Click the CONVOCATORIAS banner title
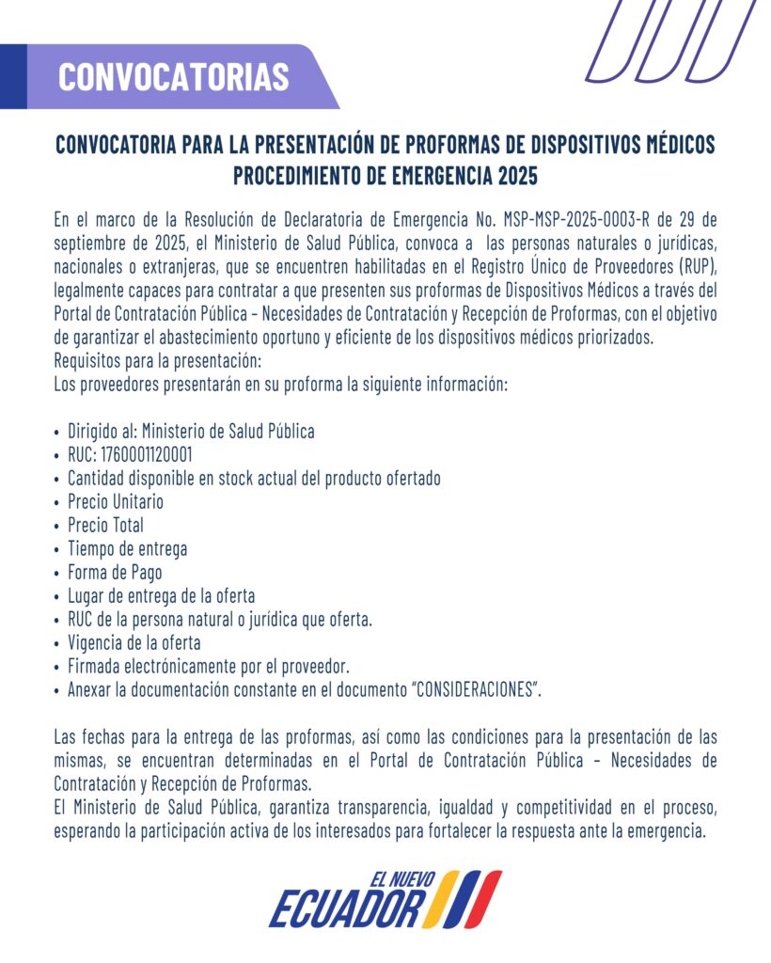pyautogui.click(x=173, y=76)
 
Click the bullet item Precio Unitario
pyautogui.click(x=115, y=501)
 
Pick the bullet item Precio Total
pyautogui.click(x=105, y=525)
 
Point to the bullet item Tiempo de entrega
pyautogui.click(x=127, y=548)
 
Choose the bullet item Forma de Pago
pyautogui.click(x=115, y=572)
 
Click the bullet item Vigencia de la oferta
pyautogui.click(x=134, y=643)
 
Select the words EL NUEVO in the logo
pyautogui.click(x=401, y=881)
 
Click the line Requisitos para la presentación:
pyautogui.click(x=157, y=362)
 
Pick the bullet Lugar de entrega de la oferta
pyautogui.click(x=161, y=595)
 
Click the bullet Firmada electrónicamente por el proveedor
pyautogui.click(x=208, y=667)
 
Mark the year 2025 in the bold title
pyautogui.click(x=518, y=176)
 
